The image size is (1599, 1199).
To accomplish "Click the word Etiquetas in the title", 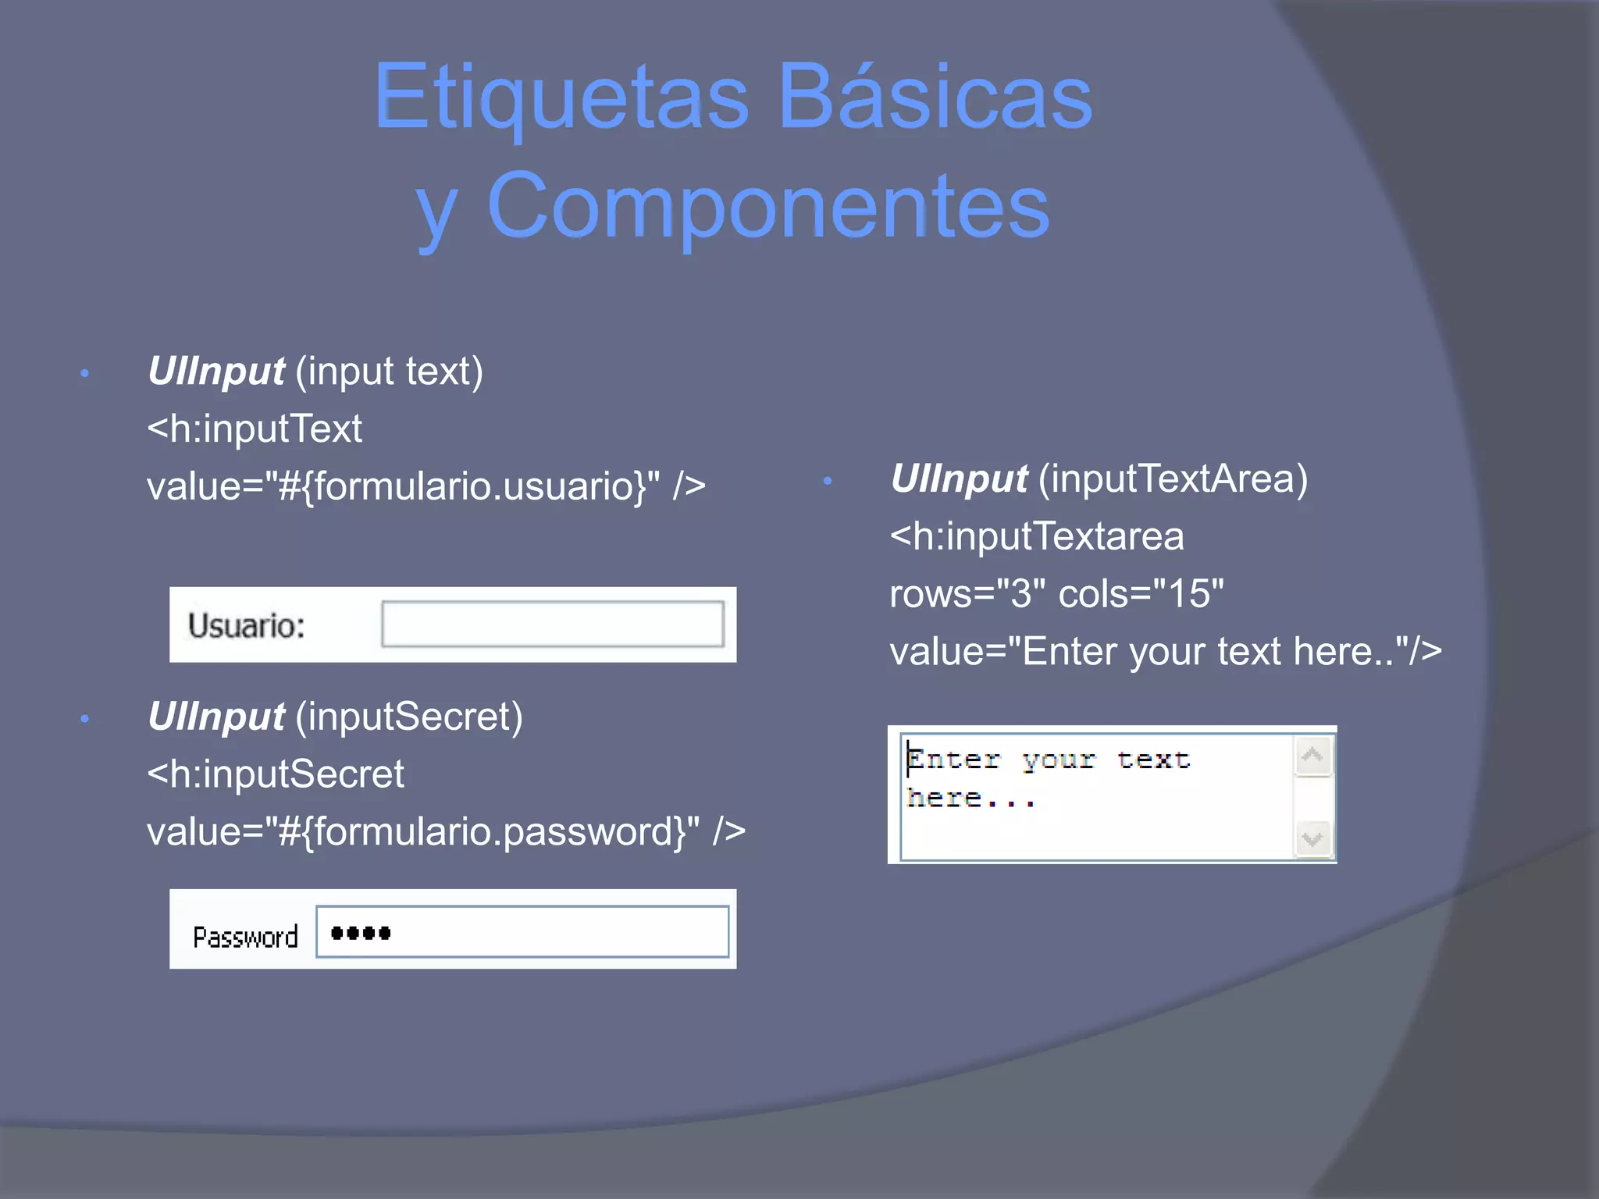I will (561, 98).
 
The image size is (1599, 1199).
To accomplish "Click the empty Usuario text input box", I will (552, 624).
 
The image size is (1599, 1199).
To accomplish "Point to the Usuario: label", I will (246, 625).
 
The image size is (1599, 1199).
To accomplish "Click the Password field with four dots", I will (522, 931).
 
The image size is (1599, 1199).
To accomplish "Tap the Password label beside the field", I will (245, 937).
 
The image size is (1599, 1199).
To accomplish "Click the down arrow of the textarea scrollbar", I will (1312, 839).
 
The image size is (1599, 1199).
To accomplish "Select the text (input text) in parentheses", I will (389, 371).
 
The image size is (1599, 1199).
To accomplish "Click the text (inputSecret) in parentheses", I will (408, 717).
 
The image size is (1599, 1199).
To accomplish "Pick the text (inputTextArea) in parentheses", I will (1173, 479).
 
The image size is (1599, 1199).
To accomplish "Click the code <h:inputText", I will (255, 429).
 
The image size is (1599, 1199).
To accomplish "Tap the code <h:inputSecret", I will (276, 774).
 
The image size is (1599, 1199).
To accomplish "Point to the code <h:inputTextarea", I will (1037, 536).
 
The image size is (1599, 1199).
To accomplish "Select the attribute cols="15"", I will (1141, 594).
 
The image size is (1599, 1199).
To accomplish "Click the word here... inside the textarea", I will (970, 798).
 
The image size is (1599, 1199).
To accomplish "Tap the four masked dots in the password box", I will (361, 933).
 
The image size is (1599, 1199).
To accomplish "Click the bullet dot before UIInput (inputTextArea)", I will (828, 481).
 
